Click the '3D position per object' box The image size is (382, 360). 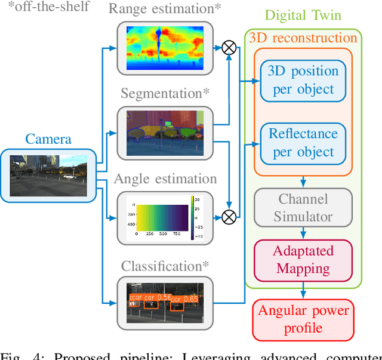[x=303, y=80]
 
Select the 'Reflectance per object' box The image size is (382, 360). [x=303, y=143]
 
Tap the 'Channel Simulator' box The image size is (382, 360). [x=303, y=207]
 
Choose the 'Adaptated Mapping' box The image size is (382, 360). [x=303, y=260]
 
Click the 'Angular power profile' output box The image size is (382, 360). [x=303, y=319]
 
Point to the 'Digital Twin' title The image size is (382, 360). [x=303, y=15]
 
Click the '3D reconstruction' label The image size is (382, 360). [x=303, y=38]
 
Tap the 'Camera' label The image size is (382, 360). [x=48, y=139]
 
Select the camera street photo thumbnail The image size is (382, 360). [x=48, y=176]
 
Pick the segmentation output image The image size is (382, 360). [x=165, y=133]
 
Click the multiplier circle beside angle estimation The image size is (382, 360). [x=229, y=217]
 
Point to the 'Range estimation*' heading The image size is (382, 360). [x=165, y=8]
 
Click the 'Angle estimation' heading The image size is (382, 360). [x=165, y=179]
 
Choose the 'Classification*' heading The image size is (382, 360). [x=165, y=266]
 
